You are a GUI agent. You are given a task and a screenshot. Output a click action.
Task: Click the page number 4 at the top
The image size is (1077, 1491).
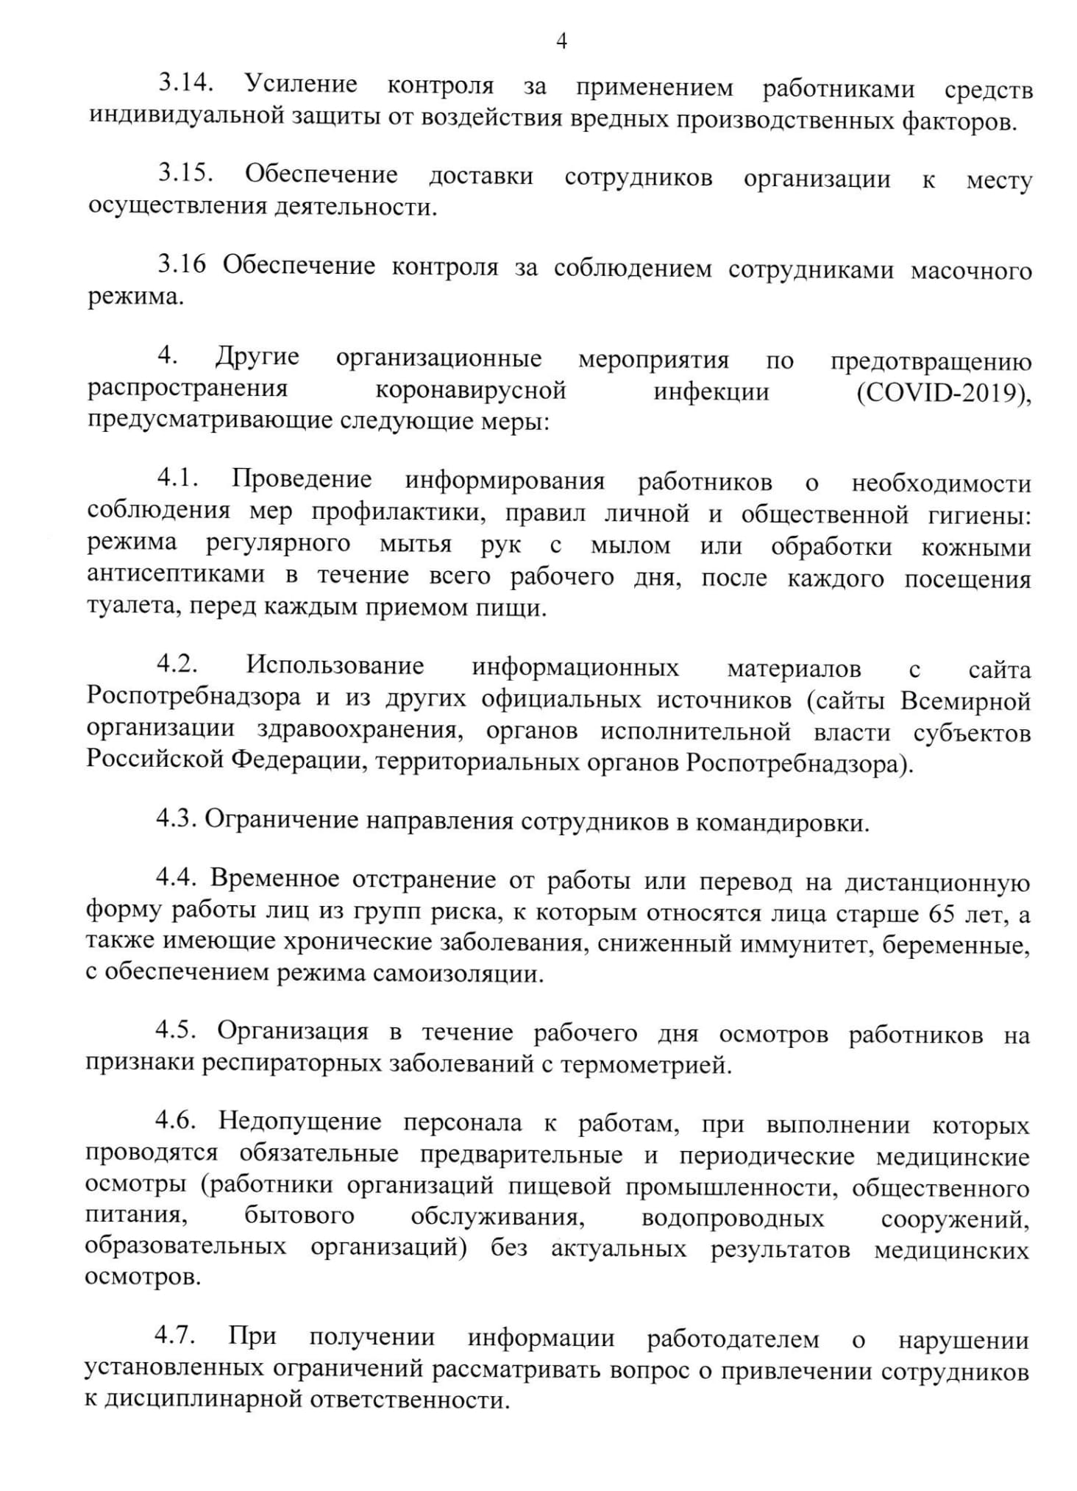click(561, 41)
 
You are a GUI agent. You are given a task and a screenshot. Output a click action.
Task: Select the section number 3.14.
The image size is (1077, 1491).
click(186, 84)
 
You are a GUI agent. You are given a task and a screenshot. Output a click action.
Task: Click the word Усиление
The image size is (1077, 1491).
click(302, 85)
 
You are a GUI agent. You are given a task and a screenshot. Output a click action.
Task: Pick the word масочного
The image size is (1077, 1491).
click(971, 271)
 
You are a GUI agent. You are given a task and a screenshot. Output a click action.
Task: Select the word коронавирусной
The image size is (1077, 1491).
click(471, 390)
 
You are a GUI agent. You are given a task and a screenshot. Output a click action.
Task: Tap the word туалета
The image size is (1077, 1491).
click(129, 608)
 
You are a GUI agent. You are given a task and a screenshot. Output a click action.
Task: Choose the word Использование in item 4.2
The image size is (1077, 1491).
click(335, 665)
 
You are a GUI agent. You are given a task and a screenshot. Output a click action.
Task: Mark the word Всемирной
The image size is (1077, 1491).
click(966, 701)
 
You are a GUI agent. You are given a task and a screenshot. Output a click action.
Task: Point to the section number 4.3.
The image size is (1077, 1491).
click(175, 819)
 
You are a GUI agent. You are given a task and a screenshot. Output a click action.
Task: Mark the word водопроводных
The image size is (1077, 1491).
click(733, 1218)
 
